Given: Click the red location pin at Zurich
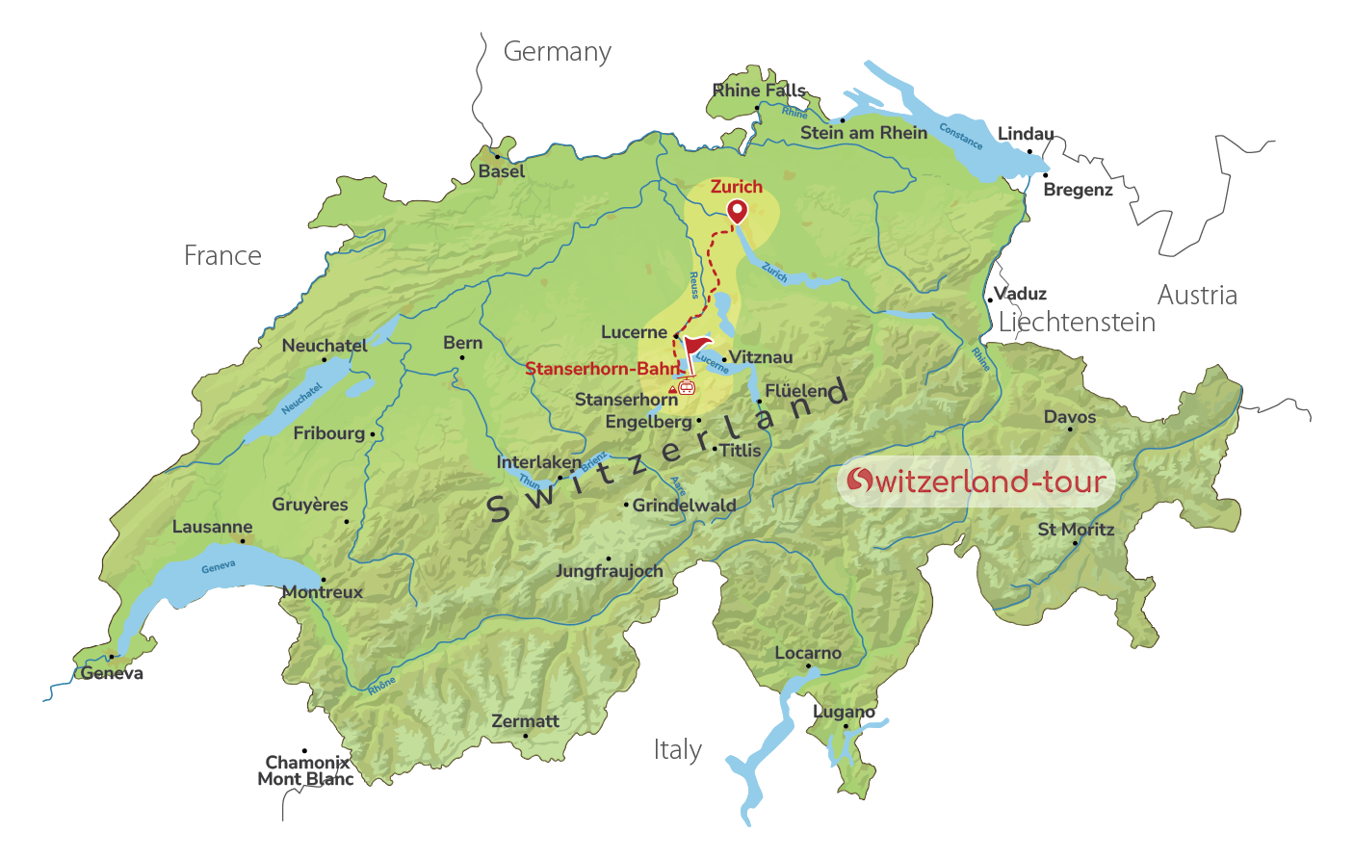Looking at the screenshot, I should tap(737, 210).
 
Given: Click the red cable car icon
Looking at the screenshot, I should tap(686, 387).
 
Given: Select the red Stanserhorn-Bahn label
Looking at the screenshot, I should tap(602, 369).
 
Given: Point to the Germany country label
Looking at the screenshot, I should tap(557, 52).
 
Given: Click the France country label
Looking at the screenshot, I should tap(222, 256).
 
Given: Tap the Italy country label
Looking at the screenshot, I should tap(677, 750).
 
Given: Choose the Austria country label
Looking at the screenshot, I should tap(1197, 296).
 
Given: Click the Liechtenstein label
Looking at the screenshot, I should tap(1077, 323).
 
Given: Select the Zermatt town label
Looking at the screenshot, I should tap(525, 721).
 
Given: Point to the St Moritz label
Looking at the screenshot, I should tap(1076, 530).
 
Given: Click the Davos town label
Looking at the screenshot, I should tap(1070, 417).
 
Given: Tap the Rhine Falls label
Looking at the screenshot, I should tap(759, 91).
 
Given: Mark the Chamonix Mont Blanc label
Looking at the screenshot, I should tap(305, 770).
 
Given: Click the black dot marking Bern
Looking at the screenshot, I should tap(462, 358).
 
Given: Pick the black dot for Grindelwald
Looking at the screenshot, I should tap(626, 505).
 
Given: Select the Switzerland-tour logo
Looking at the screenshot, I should tap(976, 482).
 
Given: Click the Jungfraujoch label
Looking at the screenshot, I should tap(609, 571).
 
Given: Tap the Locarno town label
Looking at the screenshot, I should tap(808, 653).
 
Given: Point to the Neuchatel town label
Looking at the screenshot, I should tap(325, 346).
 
